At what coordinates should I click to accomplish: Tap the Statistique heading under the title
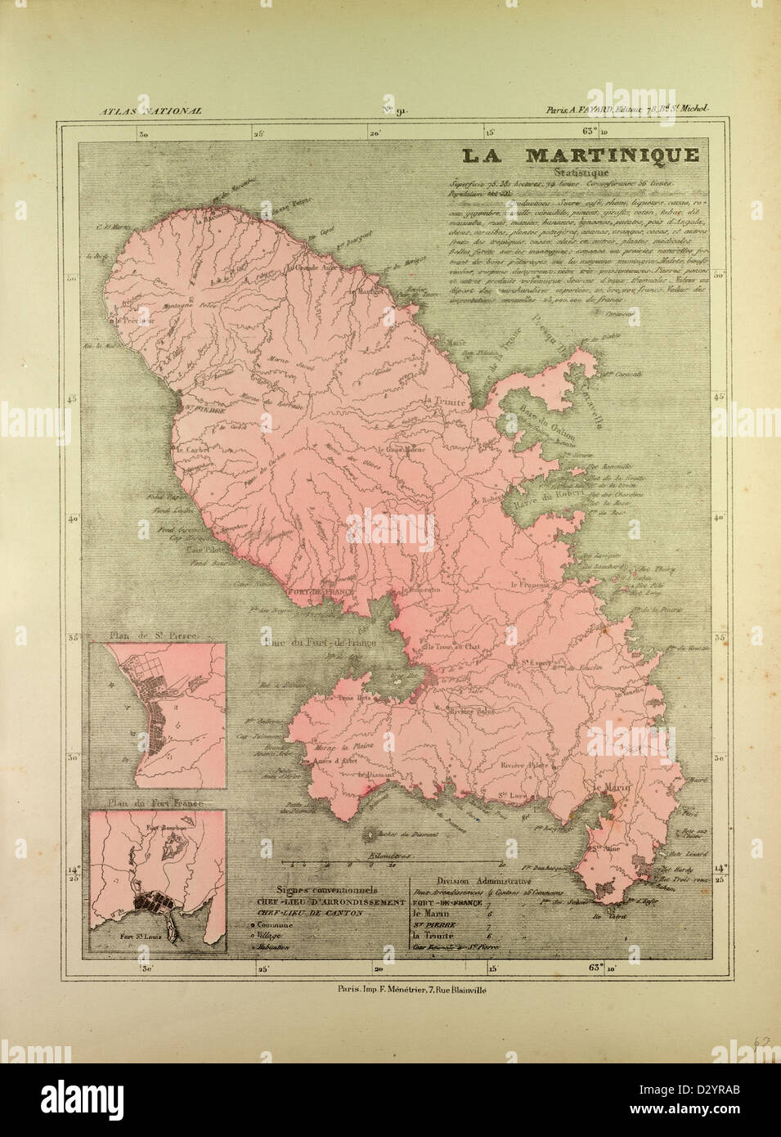(x=580, y=173)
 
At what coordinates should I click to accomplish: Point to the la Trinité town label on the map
(x=445, y=402)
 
